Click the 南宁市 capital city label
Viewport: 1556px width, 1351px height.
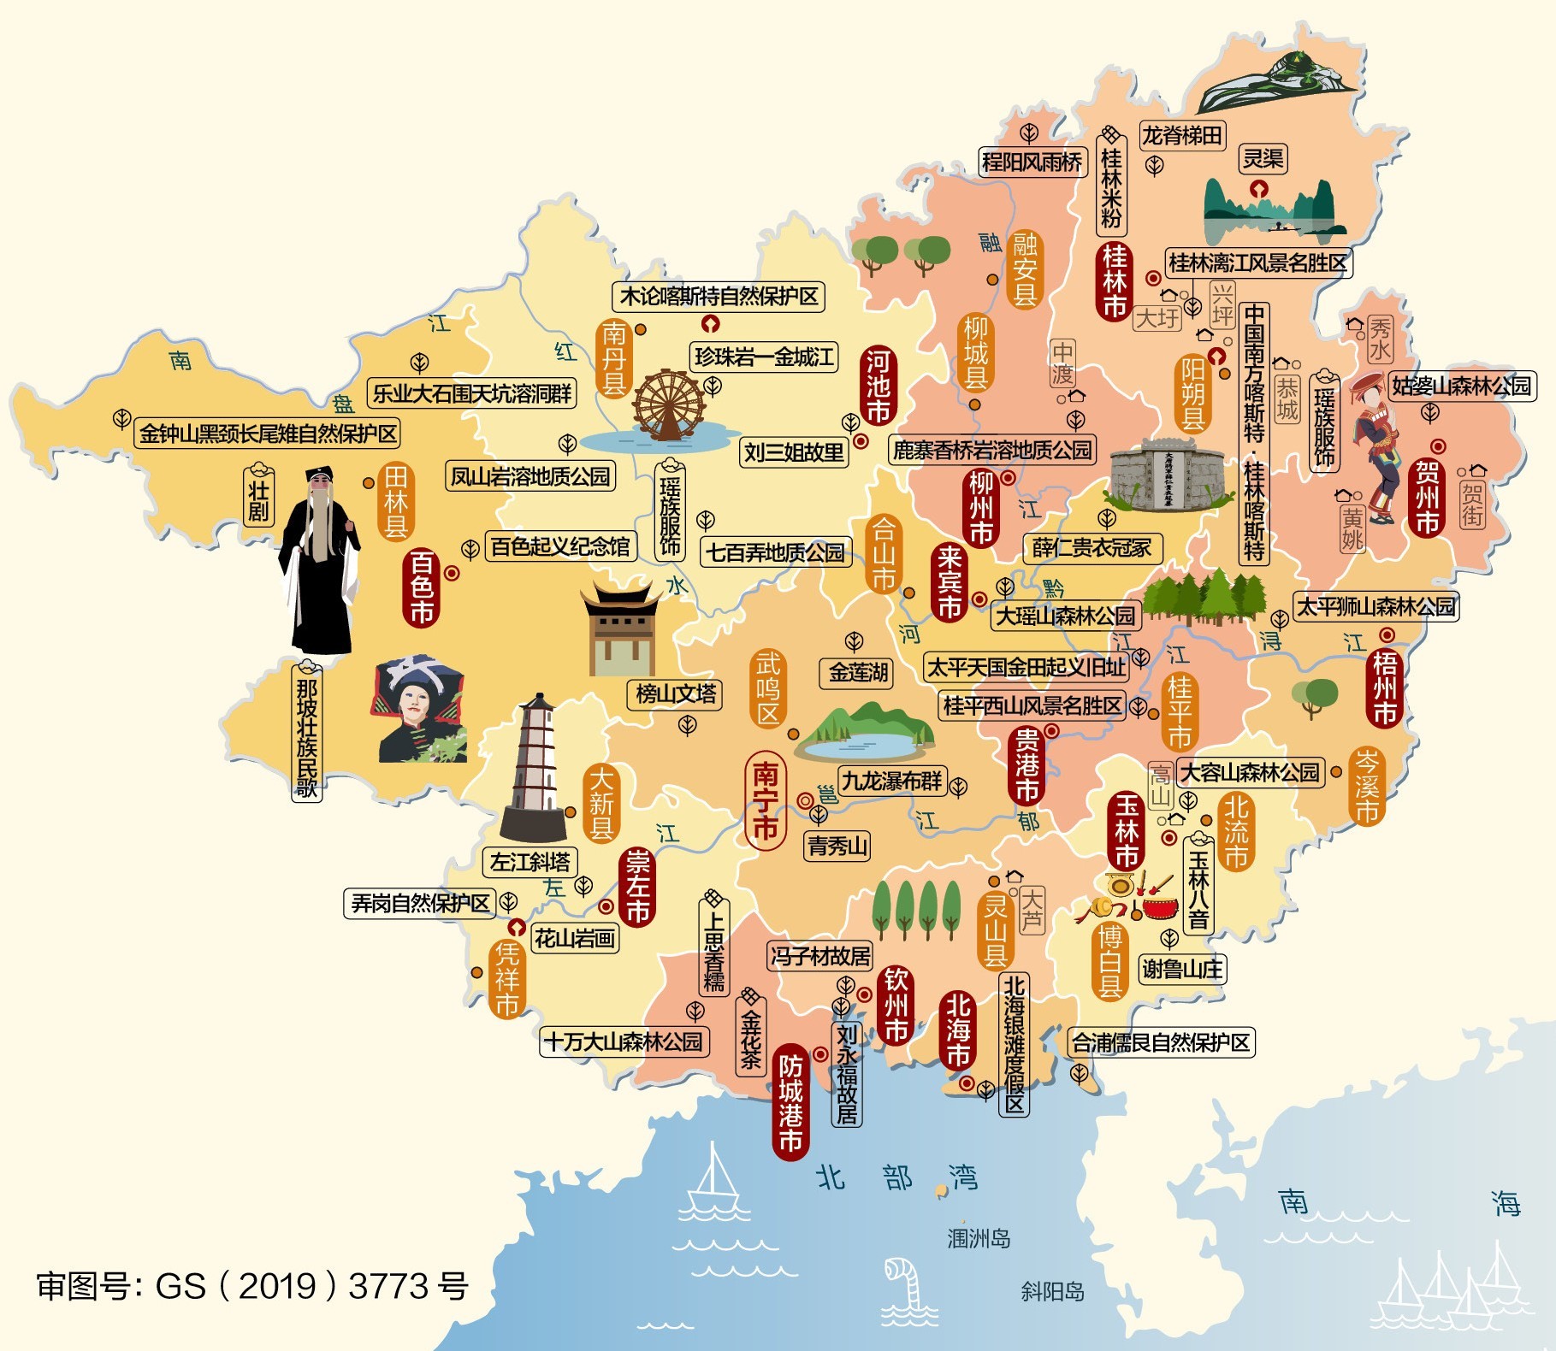pos(765,801)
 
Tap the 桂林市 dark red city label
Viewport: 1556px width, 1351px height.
pos(1114,280)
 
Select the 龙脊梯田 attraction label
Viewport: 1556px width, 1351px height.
pos(1183,135)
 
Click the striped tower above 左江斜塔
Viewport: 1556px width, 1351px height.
pos(534,770)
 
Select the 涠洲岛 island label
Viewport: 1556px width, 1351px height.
pos(978,1237)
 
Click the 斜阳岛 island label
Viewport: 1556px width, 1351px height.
pos(1052,1290)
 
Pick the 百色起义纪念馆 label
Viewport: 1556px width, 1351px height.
pos(560,546)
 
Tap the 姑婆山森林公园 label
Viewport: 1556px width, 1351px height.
pos(1461,386)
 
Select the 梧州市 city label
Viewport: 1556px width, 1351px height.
pos(1385,688)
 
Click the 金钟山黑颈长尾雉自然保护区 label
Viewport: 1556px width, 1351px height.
pos(268,433)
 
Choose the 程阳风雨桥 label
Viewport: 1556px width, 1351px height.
pos(1032,161)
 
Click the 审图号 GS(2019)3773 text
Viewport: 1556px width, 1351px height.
pos(252,1285)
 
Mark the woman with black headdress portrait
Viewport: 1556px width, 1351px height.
pos(419,710)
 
